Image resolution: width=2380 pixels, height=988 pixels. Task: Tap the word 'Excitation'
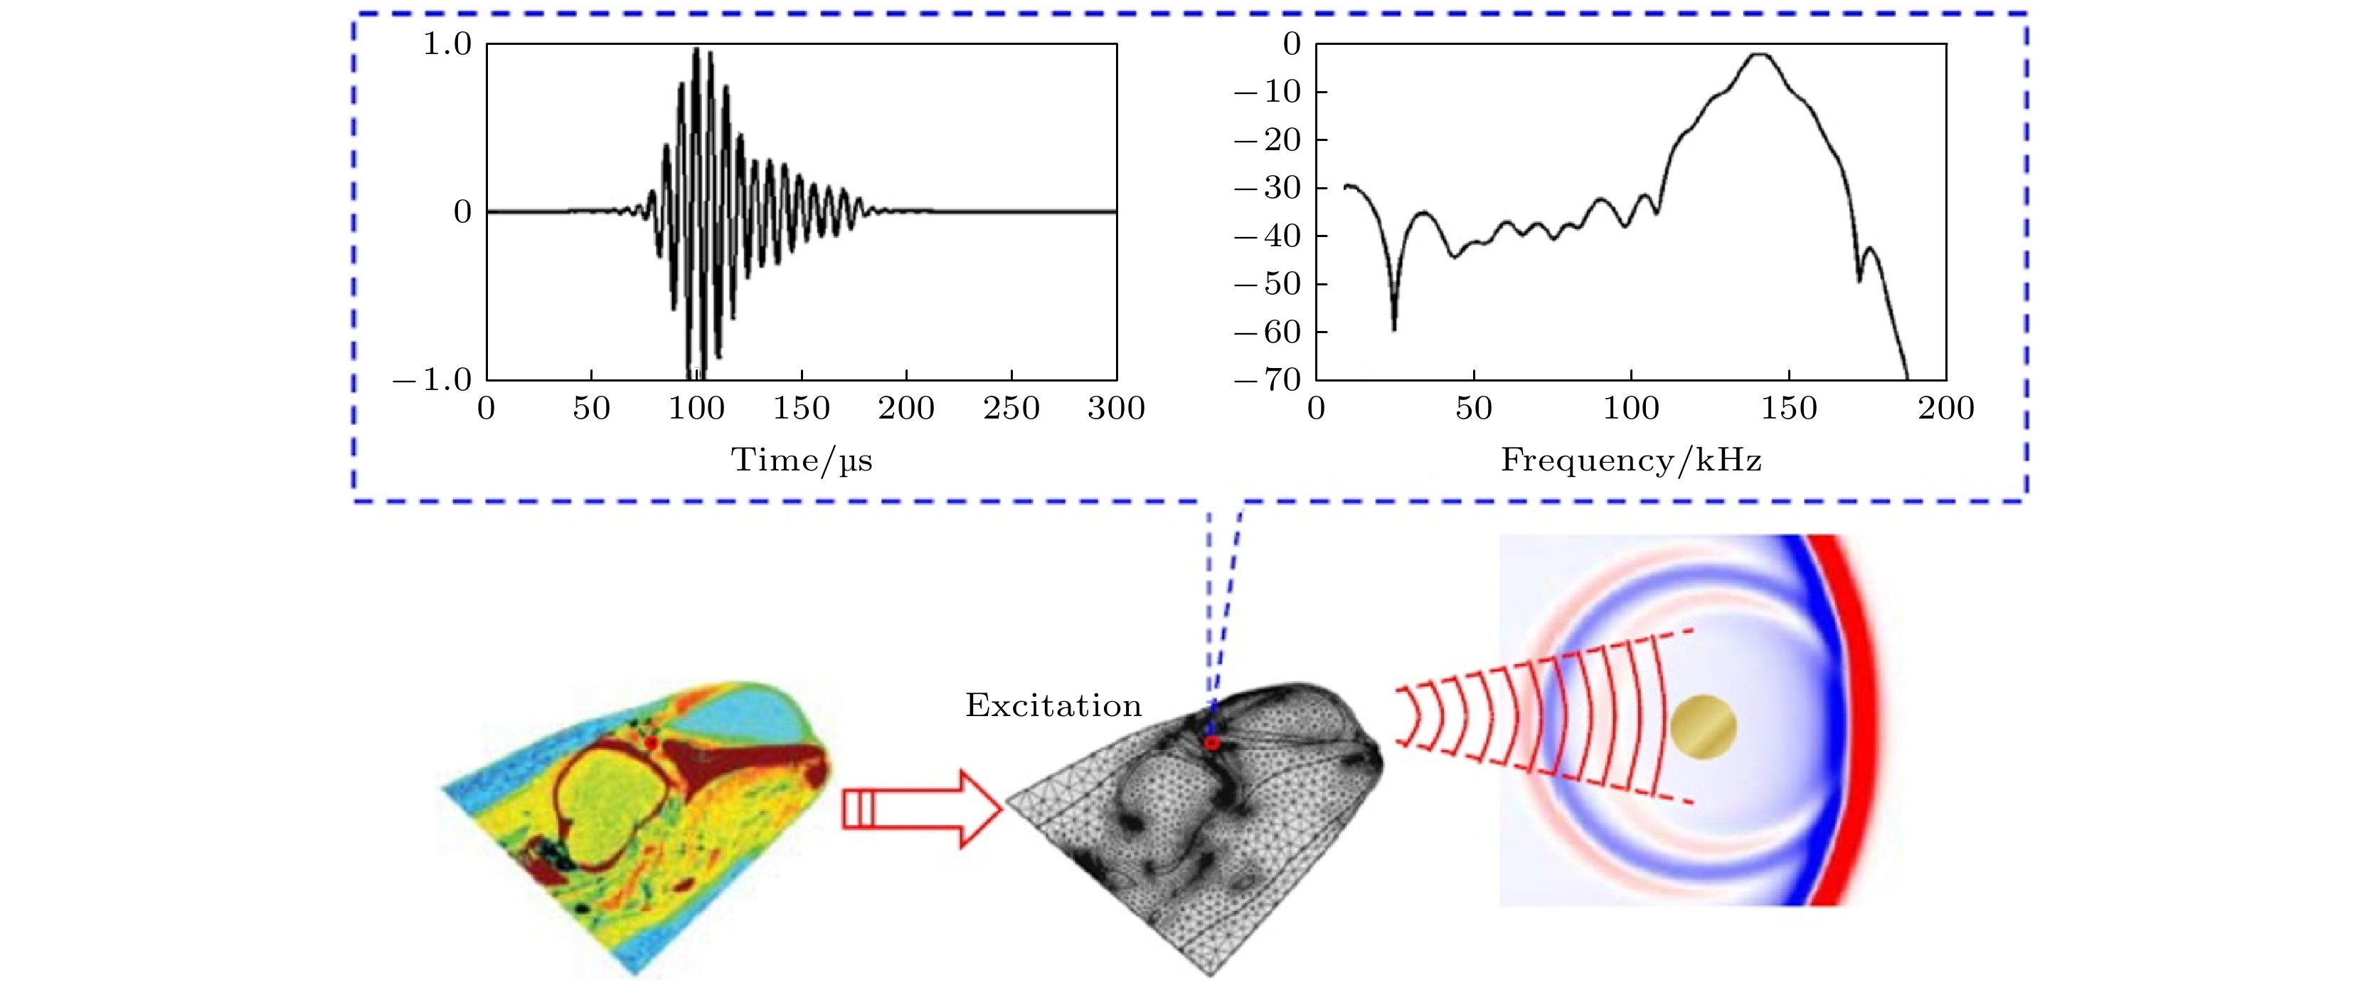1053,706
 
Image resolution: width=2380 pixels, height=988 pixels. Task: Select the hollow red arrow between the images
921,809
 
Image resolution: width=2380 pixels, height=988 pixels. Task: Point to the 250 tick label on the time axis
1011,409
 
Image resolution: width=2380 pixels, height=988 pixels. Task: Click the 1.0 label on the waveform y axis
447,44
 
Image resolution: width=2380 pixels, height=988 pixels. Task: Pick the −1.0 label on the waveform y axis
432,380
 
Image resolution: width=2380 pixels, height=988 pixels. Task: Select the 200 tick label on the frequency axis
1946,409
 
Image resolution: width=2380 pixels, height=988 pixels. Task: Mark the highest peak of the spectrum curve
1759,55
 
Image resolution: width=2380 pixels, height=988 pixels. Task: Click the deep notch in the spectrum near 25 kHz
1394,328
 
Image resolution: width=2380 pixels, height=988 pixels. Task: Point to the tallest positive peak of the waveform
696,49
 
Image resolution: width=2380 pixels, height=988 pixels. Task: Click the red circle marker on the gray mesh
1212,743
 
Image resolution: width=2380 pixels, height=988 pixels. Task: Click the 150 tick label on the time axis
801,409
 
